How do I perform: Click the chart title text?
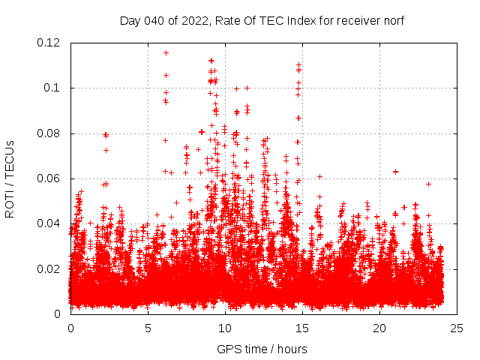262,21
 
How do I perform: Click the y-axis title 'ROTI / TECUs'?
10,178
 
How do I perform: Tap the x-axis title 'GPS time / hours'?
262,349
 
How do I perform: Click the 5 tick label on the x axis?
148,328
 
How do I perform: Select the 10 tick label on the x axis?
225,328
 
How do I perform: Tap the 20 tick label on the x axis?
379,328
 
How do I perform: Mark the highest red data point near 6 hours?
166,52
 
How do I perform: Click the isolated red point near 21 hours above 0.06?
395,172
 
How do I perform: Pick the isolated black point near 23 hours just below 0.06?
428,184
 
